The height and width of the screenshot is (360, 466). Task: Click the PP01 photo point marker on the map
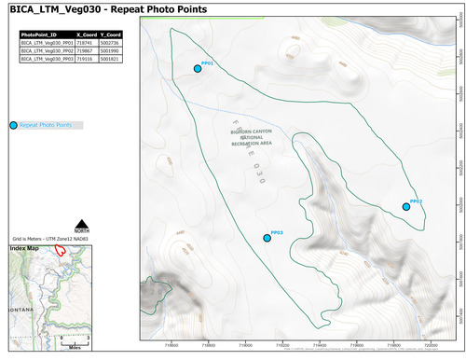point(198,68)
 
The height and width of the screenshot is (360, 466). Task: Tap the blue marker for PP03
point(267,238)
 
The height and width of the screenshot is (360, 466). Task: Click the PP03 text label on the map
point(277,230)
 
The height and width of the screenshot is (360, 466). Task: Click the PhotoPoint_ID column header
point(38,33)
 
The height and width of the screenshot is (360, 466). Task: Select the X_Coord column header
point(87,33)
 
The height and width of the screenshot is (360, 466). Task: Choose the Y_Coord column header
point(111,33)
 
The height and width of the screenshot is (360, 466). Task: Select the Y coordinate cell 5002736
point(111,41)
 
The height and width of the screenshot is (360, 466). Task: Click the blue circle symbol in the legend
point(13,124)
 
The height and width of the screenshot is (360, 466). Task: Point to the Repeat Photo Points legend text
point(46,124)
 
